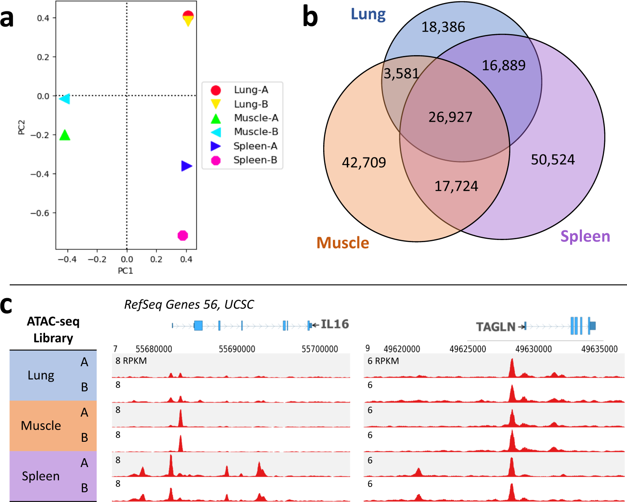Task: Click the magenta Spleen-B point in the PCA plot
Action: point(182,235)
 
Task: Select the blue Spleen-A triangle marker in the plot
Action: point(186,166)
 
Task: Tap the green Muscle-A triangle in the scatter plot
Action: point(65,135)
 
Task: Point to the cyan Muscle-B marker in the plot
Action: point(65,99)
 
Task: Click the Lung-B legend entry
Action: point(241,104)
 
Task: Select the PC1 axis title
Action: point(126,271)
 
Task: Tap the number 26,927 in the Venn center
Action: point(450,117)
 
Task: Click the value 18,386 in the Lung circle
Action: point(443,27)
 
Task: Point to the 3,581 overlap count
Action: point(401,74)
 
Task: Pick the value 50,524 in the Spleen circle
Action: point(552,160)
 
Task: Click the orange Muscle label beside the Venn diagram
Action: point(343,243)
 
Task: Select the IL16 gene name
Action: point(335,324)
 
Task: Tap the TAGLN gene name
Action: point(496,327)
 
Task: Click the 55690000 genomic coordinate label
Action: point(237,349)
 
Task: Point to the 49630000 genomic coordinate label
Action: point(533,349)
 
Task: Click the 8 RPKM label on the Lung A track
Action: point(131,361)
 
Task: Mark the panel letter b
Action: point(310,18)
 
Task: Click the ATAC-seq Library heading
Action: point(53,330)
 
